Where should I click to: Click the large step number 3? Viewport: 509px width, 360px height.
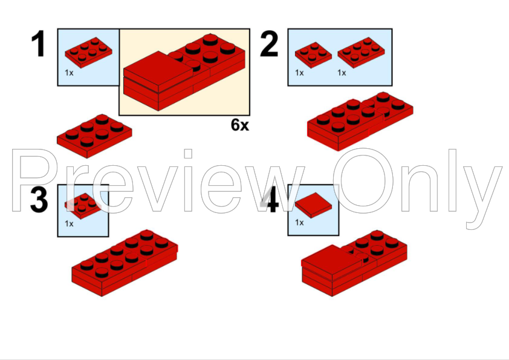tap(39, 200)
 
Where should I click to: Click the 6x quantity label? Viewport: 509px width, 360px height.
tap(240, 125)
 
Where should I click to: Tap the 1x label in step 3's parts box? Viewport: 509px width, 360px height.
tap(70, 223)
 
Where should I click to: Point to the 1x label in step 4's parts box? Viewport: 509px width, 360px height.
tap(299, 222)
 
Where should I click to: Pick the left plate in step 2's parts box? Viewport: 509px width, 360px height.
tap(313, 54)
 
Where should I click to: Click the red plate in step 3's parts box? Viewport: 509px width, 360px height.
tap(83, 203)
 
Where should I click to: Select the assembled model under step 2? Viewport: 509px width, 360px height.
tap(360, 121)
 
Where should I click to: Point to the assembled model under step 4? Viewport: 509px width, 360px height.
tap(354, 264)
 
